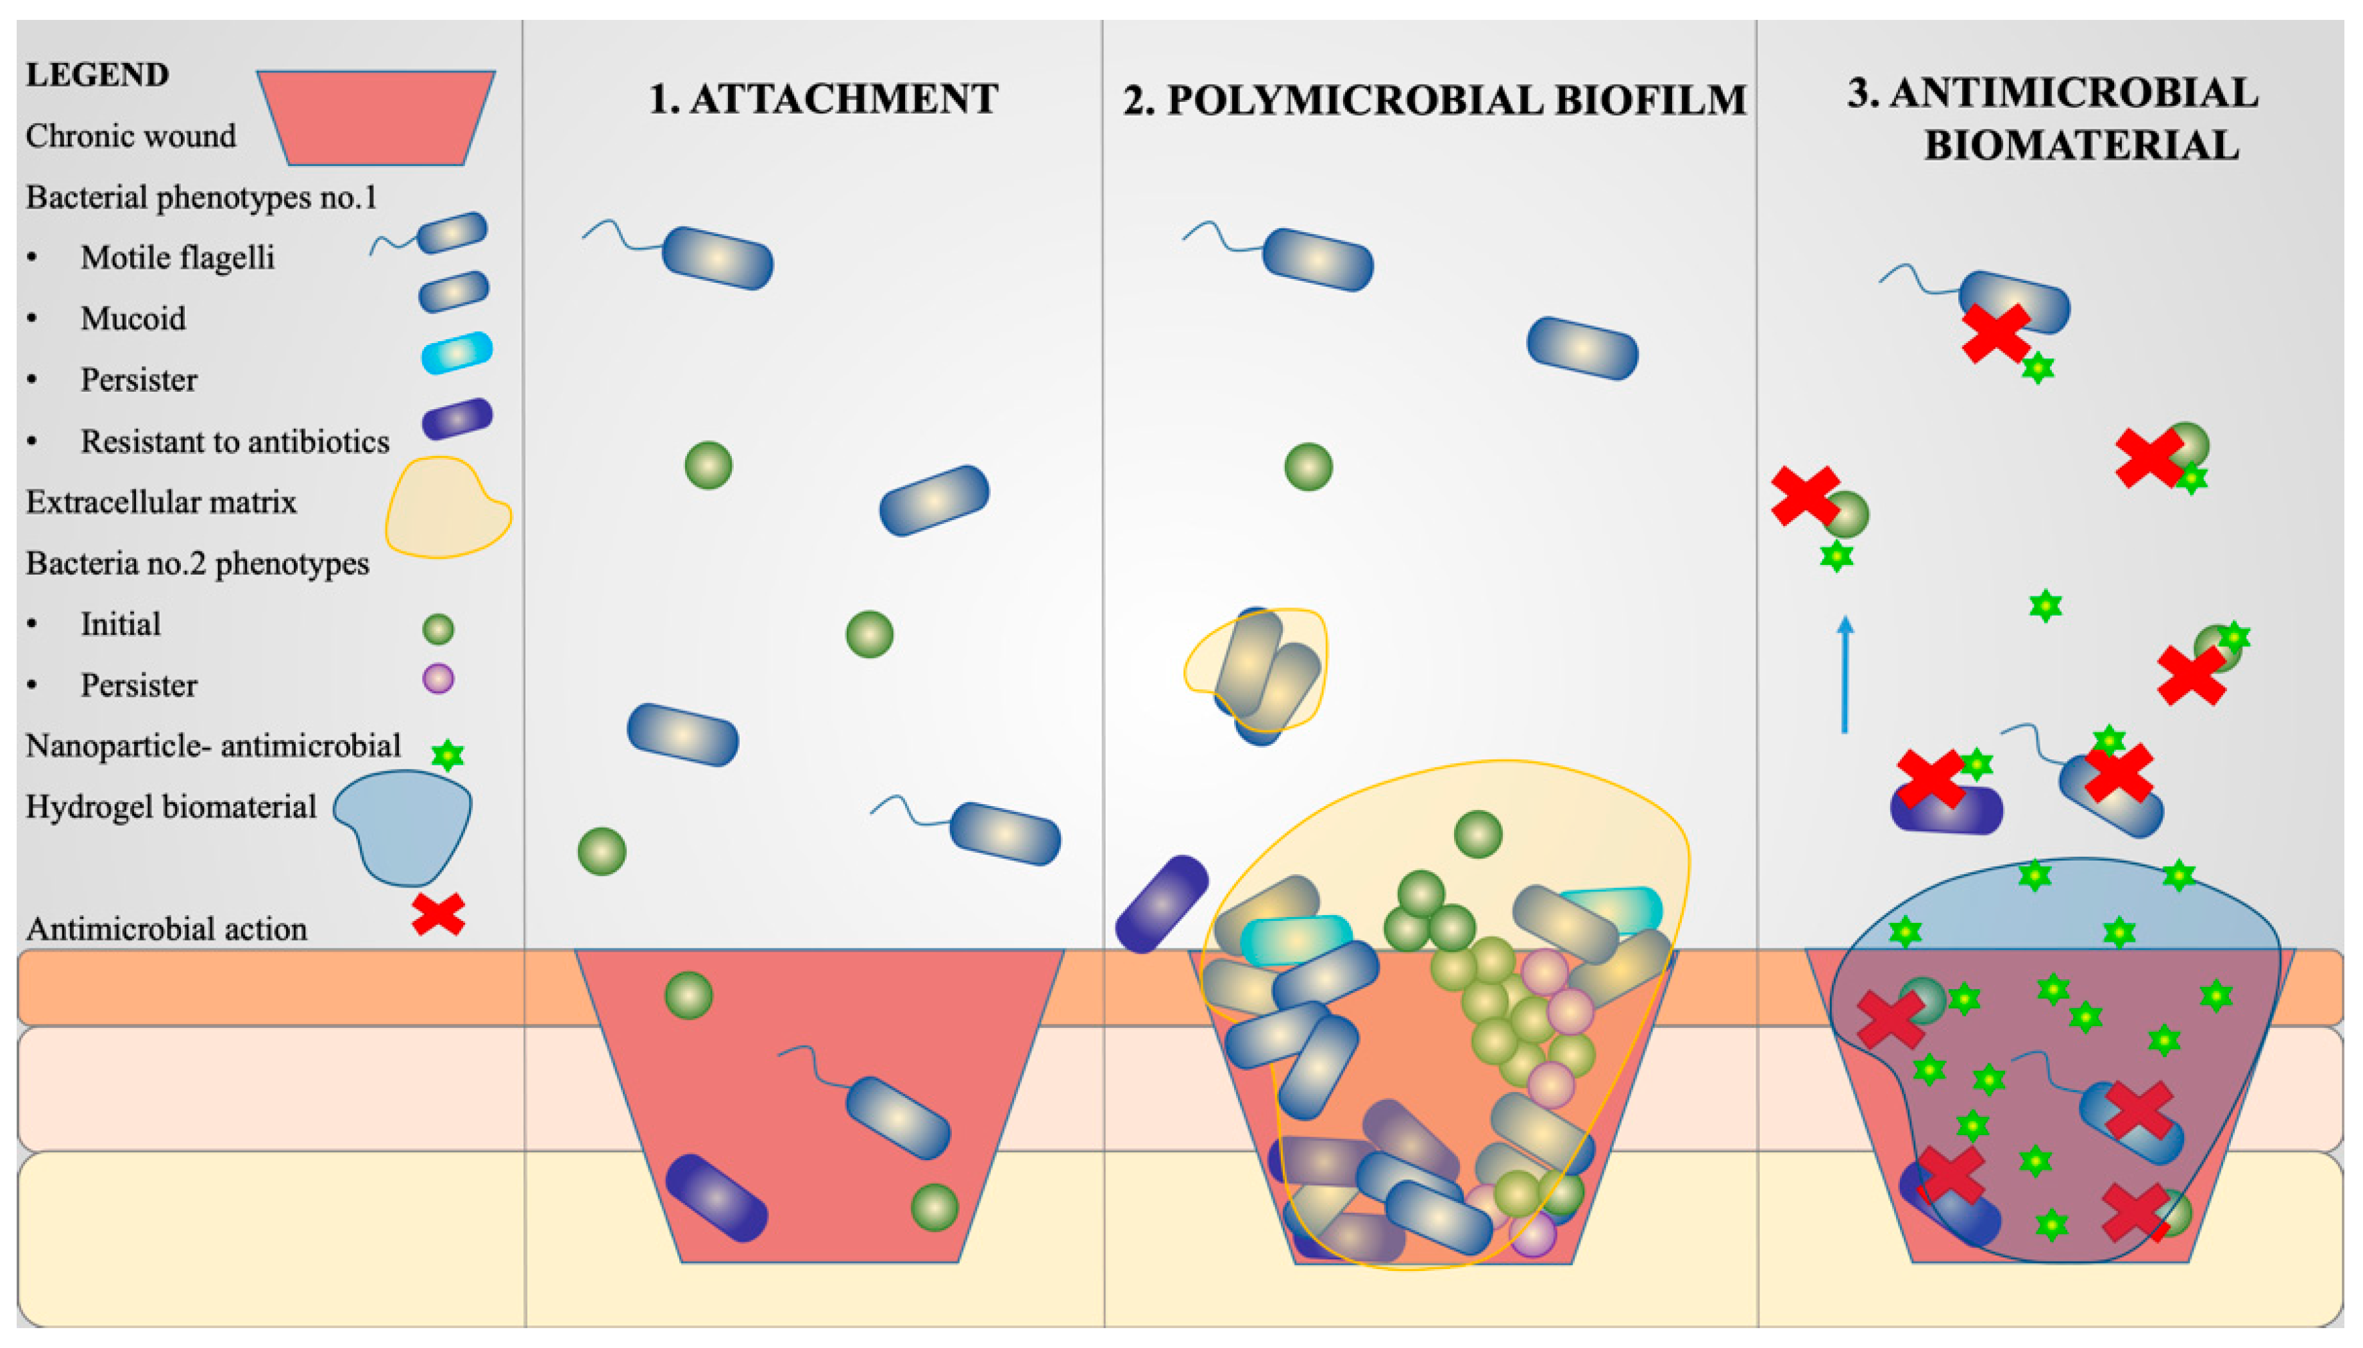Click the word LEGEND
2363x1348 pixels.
(x=97, y=74)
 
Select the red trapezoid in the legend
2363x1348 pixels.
(x=376, y=117)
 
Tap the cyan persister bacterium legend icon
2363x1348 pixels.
(x=457, y=353)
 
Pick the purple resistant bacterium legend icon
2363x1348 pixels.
(x=457, y=419)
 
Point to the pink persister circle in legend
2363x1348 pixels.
(x=438, y=678)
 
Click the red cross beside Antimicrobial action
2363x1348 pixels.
(x=438, y=914)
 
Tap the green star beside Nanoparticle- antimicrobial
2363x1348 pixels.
(x=447, y=755)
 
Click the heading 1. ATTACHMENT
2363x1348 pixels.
(x=822, y=98)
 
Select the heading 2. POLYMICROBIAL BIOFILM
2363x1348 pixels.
(x=1434, y=100)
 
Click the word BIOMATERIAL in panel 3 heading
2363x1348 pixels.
(x=2081, y=146)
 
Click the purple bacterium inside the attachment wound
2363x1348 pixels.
(x=716, y=1197)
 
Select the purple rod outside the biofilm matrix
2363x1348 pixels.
(x=1161, y=904)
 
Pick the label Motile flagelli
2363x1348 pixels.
(x=177, y=257)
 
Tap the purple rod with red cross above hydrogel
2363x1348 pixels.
(x=1945, y=808)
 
